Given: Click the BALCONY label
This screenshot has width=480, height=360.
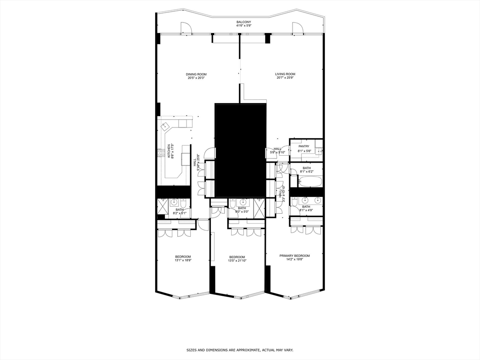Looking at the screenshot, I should pos(243,22).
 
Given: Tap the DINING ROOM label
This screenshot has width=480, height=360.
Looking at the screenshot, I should pos(196,74).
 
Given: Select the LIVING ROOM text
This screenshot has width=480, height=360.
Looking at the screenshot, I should pos(285,74).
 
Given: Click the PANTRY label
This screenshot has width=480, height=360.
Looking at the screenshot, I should pos(304,146).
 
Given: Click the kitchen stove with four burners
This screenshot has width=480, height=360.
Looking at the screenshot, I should pos(160,152).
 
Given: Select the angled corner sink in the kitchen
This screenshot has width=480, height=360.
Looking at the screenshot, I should pos(165,127).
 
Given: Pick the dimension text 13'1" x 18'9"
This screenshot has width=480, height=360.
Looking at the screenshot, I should pos(183,260).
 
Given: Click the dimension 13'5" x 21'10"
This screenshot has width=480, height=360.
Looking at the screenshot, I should pos(237,261).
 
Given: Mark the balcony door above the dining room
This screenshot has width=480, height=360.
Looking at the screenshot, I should pos(186,29).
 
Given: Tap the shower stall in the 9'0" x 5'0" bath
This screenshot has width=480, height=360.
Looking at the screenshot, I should pos(259,207).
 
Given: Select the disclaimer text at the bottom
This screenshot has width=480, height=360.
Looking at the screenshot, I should pos(240,350).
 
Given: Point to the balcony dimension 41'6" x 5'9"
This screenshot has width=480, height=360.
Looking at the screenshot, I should pos(243,26).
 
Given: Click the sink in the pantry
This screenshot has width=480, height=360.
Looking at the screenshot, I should pos(318,150).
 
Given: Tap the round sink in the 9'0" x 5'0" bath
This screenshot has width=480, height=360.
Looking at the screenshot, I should pos(243,202).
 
